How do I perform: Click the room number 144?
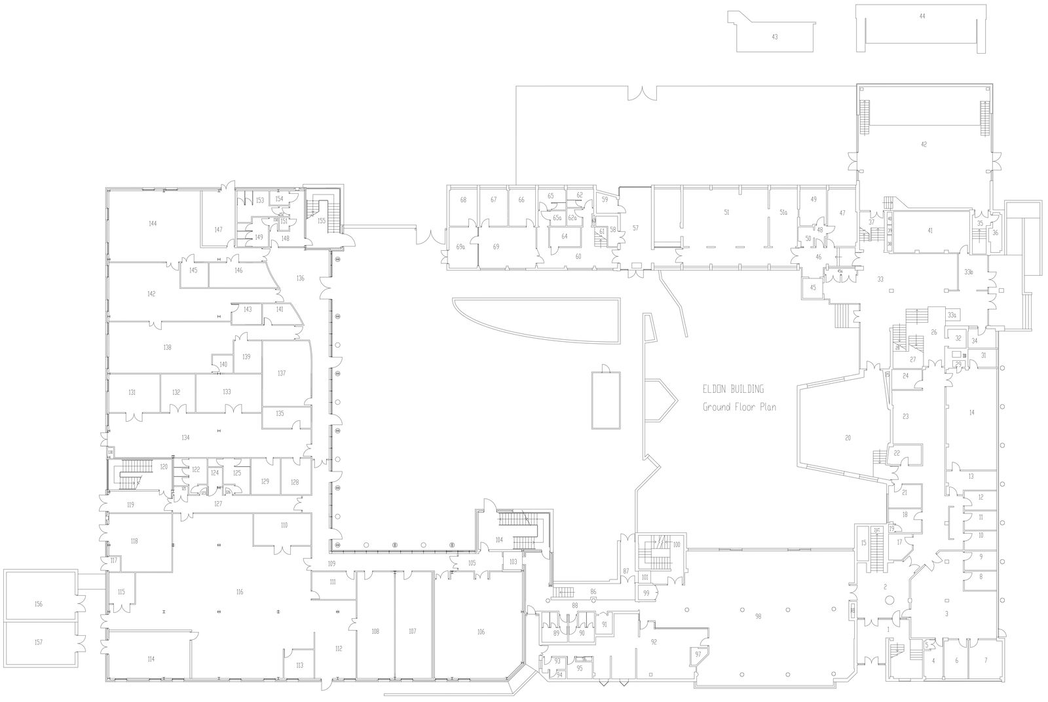tap(153, 224)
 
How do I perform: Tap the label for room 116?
tap(240, 591)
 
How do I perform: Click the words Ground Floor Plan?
tap(739, 407)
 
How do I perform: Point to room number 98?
tap(758, 616)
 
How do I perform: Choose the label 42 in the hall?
tap(924, 144)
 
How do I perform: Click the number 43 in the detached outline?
tap(774, 37)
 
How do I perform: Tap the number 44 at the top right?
tap(922, 16)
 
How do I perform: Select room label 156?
tap(39, 603)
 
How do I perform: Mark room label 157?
tap(39, 642)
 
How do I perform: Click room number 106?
tap(481, 631)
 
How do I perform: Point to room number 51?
tap(726, 212)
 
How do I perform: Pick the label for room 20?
tap(848, 438)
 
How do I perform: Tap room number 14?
tap(971, 413)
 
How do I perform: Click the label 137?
tap(282, 373)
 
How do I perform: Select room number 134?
tap(185, 437)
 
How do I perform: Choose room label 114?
tap(151, 659)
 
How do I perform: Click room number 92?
tap(653, 642)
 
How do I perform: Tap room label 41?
tap(929, 231)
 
